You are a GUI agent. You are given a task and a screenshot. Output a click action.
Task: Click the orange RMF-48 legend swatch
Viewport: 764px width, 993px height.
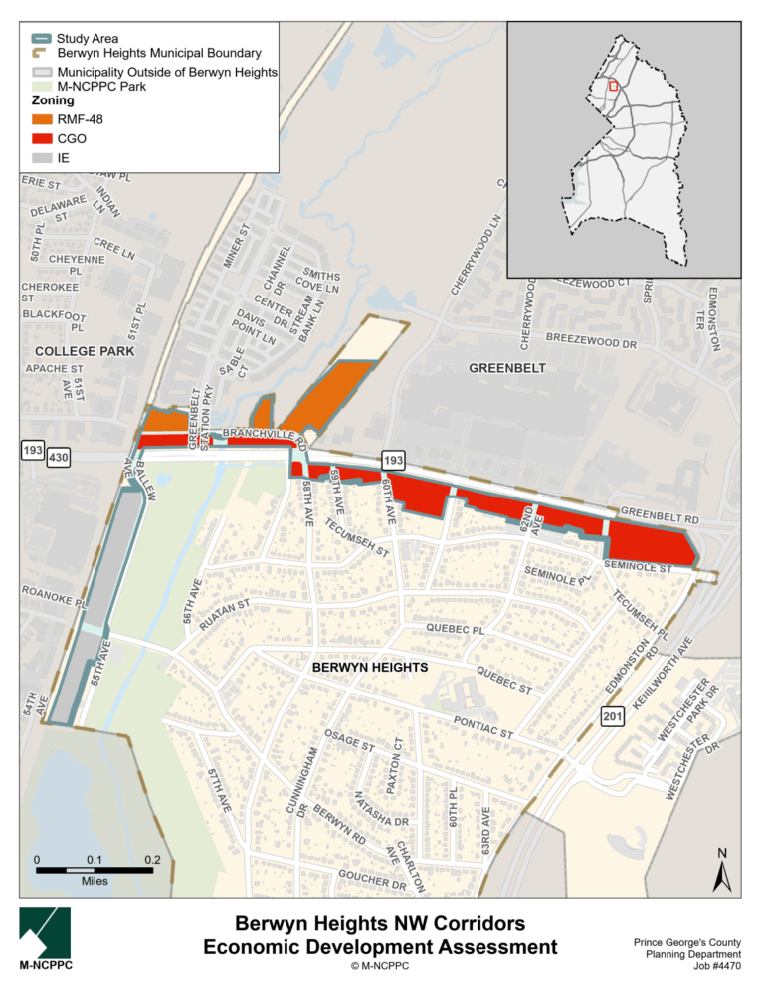40,120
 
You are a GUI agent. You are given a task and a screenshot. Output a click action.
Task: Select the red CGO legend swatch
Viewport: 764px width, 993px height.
40,139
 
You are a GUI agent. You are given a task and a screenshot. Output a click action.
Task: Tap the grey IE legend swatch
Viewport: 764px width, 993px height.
40,157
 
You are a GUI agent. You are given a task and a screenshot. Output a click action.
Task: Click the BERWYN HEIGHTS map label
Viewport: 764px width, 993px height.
370,666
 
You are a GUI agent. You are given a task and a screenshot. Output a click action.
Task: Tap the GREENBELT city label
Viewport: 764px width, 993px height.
507,368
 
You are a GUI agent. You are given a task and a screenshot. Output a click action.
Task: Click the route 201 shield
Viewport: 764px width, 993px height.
611,716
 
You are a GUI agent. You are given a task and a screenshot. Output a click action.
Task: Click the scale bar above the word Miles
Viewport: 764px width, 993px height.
94,870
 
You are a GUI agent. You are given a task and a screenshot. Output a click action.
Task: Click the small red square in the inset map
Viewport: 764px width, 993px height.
614,87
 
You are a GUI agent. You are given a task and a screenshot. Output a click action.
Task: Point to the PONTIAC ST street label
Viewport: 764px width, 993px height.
482,726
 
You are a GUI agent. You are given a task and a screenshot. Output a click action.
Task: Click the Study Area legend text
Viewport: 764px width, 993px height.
89,39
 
